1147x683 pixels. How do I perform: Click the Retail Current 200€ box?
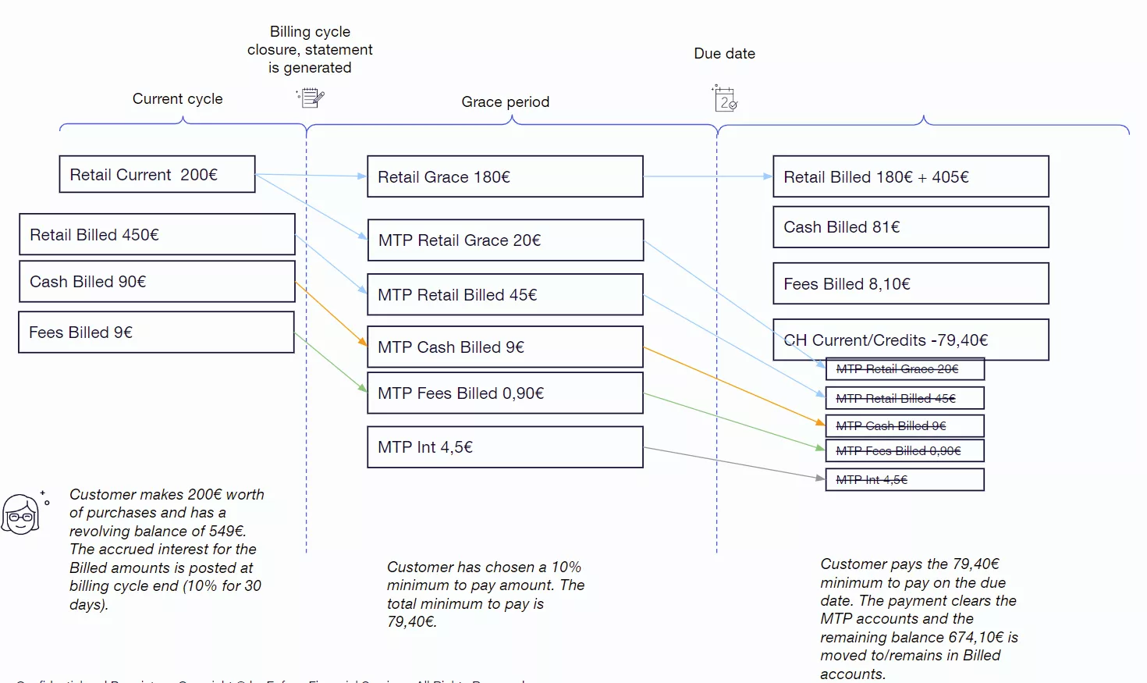tap(157, 174)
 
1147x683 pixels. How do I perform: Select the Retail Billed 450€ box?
tap(157, 234)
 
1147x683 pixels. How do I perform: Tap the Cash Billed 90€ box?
tap(157, 282)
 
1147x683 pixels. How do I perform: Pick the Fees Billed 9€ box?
tap(156, 333)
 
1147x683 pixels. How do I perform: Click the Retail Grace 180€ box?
tap(505, 176)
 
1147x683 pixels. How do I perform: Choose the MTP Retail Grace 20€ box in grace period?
tap(505, 240)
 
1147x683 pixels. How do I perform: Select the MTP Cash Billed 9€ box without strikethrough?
tap(505, 347)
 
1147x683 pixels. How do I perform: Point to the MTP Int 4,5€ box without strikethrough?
tap(505, 447)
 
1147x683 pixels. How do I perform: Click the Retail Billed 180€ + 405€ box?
tap(911, 176)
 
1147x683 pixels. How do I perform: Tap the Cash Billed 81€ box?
tap(911, 227)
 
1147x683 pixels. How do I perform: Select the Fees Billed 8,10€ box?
tap(911, 283)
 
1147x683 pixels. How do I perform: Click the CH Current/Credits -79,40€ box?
tap(911, 340)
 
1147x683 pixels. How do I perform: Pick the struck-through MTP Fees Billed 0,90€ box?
tap(904, 451)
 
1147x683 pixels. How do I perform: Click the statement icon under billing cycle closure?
tap(311, 98)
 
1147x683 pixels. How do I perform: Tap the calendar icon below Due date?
tap(725, 99)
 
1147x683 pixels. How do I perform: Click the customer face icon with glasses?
tap(21, 514)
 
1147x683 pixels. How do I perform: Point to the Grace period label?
tap(505, 102)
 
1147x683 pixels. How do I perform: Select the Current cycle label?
tap(177, 99)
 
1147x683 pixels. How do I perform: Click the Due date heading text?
tap(724, 54)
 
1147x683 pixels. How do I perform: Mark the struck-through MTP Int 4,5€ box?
tap(904, 480)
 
